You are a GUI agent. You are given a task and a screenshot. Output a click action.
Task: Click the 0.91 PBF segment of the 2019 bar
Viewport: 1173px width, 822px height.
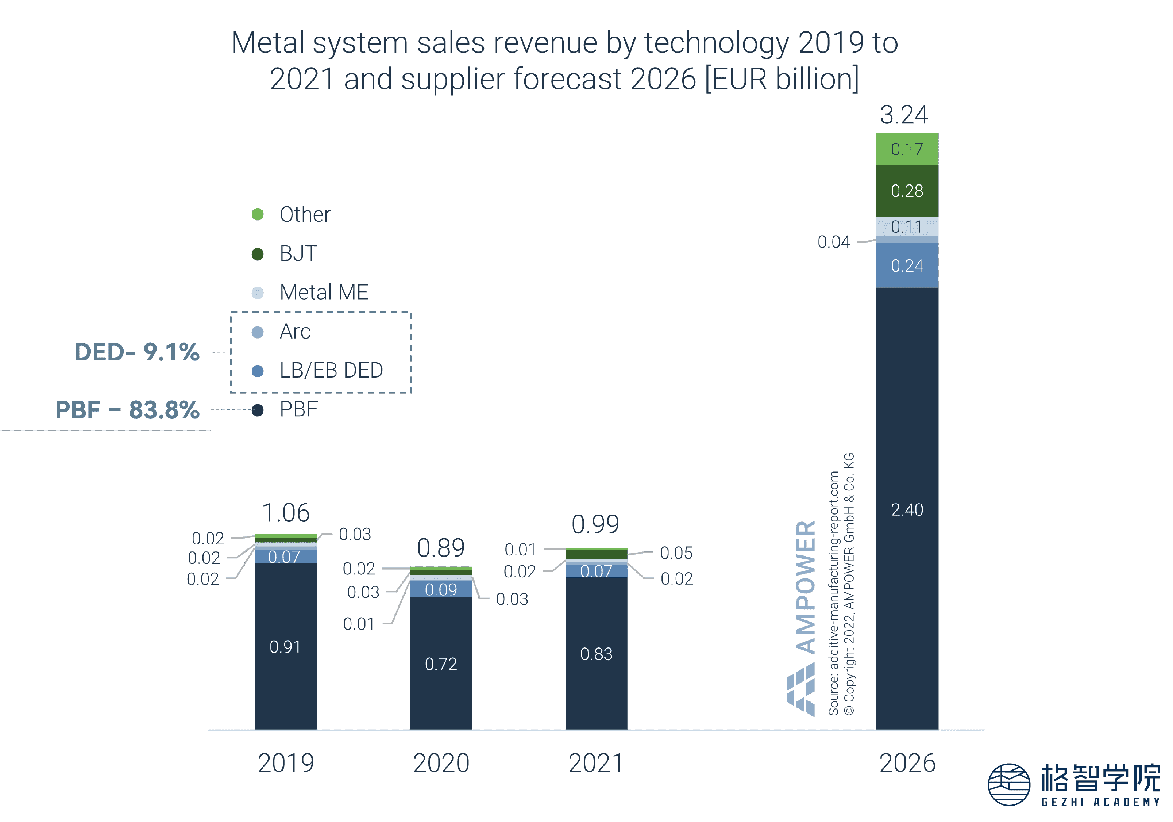click(x=285, y=647)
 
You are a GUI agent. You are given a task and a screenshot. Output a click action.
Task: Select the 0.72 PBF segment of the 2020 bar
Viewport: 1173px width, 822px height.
click(x=441, y=664)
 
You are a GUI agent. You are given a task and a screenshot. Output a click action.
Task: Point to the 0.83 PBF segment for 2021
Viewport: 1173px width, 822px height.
click(x=596, y=654)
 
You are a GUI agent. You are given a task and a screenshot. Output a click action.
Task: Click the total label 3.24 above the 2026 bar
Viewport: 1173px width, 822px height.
click(x=904, y=115)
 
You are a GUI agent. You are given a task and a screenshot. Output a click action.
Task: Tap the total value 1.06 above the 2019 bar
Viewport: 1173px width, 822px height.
click(x=286, y=513)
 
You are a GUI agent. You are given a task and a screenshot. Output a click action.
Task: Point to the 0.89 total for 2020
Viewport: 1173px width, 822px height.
click(x=440, y=548)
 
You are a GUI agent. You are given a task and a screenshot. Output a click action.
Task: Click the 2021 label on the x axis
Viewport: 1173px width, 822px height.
click(x=596, y=763)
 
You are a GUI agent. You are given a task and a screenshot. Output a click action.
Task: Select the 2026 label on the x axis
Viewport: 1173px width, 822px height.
click(x=907, y=763)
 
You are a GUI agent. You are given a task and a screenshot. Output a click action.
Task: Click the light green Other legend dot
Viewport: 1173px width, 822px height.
click(x=258, y=214)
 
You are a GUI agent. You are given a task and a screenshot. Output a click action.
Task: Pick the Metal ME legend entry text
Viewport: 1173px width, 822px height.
click(x=324, y=293)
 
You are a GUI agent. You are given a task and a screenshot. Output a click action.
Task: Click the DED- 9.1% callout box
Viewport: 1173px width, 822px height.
click(x=134, y=352)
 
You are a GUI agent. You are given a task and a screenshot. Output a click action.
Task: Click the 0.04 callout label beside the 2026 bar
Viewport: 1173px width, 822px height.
click(x=834, y=242)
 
